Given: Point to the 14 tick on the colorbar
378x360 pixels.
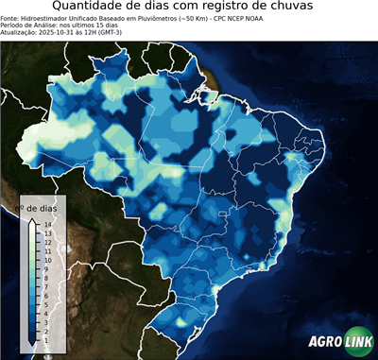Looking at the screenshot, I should coord(47,224).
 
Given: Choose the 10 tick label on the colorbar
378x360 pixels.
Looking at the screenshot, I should coord(47,259).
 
